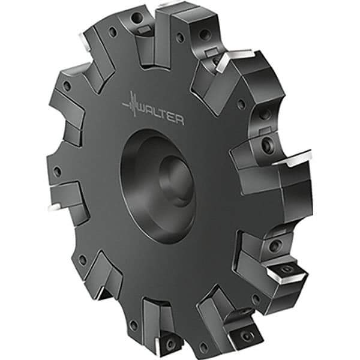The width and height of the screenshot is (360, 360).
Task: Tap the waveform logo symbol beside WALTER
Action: [133, 106]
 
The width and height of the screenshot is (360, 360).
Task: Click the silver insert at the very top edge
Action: [171, 5]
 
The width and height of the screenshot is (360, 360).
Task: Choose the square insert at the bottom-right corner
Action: [247, 328]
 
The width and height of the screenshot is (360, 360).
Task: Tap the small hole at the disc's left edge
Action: [58, 172]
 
